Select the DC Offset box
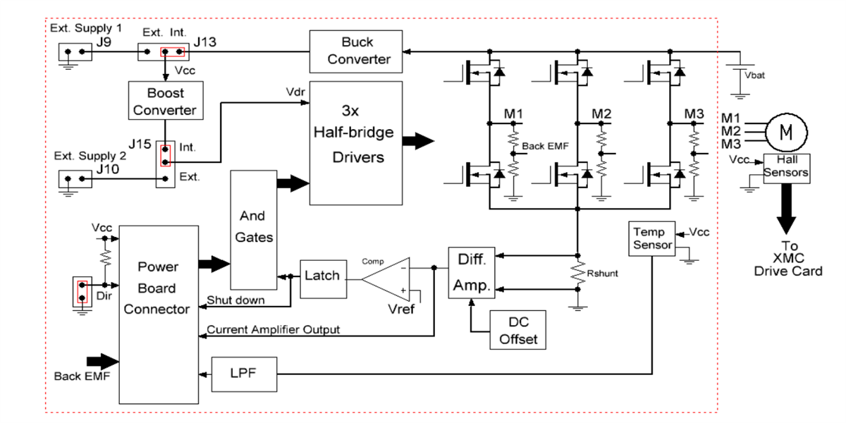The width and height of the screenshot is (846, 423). [x=519, y=330]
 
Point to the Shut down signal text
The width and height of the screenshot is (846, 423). [x=235, y=300]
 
